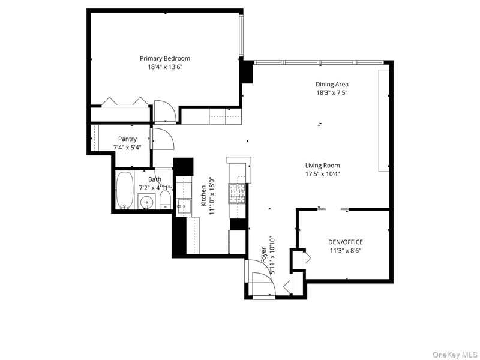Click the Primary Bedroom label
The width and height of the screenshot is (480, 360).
click(165, 58)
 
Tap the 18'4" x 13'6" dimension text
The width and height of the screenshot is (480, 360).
click(165, 67)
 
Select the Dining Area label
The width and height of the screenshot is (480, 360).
click(332, 84)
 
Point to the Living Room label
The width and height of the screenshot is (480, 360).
click(323, 166)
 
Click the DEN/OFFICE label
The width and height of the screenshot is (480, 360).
click(346, 242)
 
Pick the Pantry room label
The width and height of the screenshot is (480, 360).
click(127, 139)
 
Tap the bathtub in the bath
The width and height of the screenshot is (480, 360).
click(125, 190)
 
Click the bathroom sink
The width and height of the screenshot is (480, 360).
click(147, 202)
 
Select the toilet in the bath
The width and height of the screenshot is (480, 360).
click(166, 200)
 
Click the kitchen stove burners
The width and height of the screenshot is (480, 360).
click(237, 193)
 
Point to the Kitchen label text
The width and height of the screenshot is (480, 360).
click(203, 196)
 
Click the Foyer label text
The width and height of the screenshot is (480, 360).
click(264, 254)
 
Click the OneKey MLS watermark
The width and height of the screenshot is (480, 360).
click(455, 355)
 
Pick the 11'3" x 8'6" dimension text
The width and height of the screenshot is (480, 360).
click(346, 251)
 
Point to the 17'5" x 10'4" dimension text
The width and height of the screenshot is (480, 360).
click(323, 174)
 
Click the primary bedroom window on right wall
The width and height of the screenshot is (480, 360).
click(241, 35)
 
